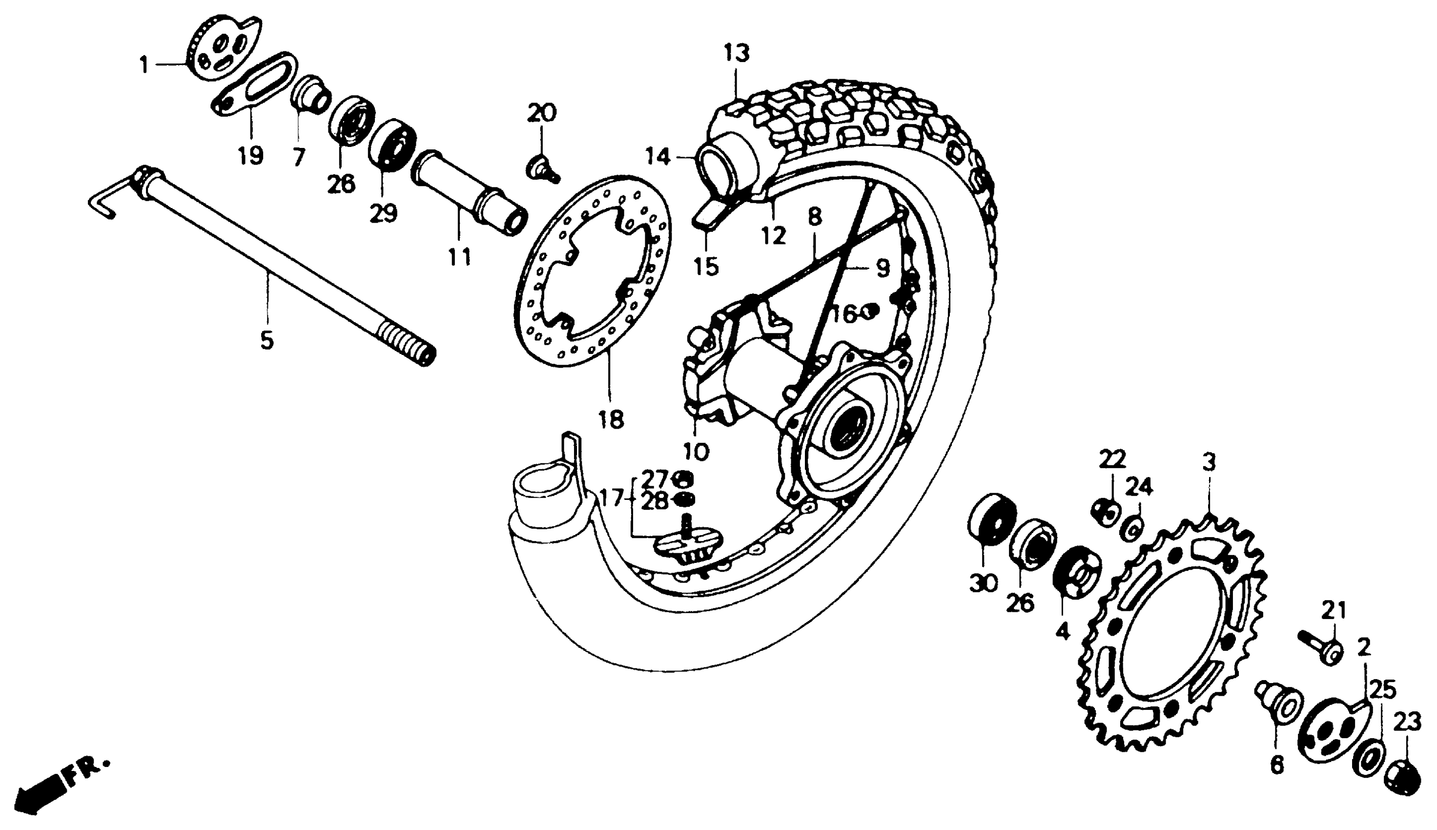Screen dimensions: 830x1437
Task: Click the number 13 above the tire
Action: [737, 53]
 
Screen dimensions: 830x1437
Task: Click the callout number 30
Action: [984, 584]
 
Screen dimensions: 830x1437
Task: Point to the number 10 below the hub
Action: [696, 452]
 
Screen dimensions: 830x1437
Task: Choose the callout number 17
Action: [611, 499]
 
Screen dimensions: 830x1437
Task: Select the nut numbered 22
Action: [1106, 513]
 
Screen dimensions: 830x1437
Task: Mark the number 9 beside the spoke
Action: [883, 268]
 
